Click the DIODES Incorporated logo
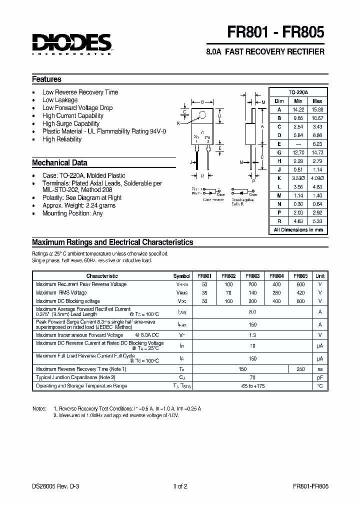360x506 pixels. point(71,44)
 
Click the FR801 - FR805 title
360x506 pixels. point(276,32)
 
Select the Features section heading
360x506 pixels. point(46,79)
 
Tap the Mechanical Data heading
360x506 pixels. point(59,163)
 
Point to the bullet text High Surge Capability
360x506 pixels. point(70,123)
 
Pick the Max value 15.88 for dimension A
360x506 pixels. point(317,109)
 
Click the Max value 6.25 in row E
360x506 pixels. point(317,143)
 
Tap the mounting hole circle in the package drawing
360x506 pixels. point(202,115)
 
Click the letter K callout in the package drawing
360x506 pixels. point(178,123)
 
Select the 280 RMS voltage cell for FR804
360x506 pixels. point(276,292)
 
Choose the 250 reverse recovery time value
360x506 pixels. point(300,369)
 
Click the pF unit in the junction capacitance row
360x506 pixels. point(319,377)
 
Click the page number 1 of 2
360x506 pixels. point(179,486)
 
